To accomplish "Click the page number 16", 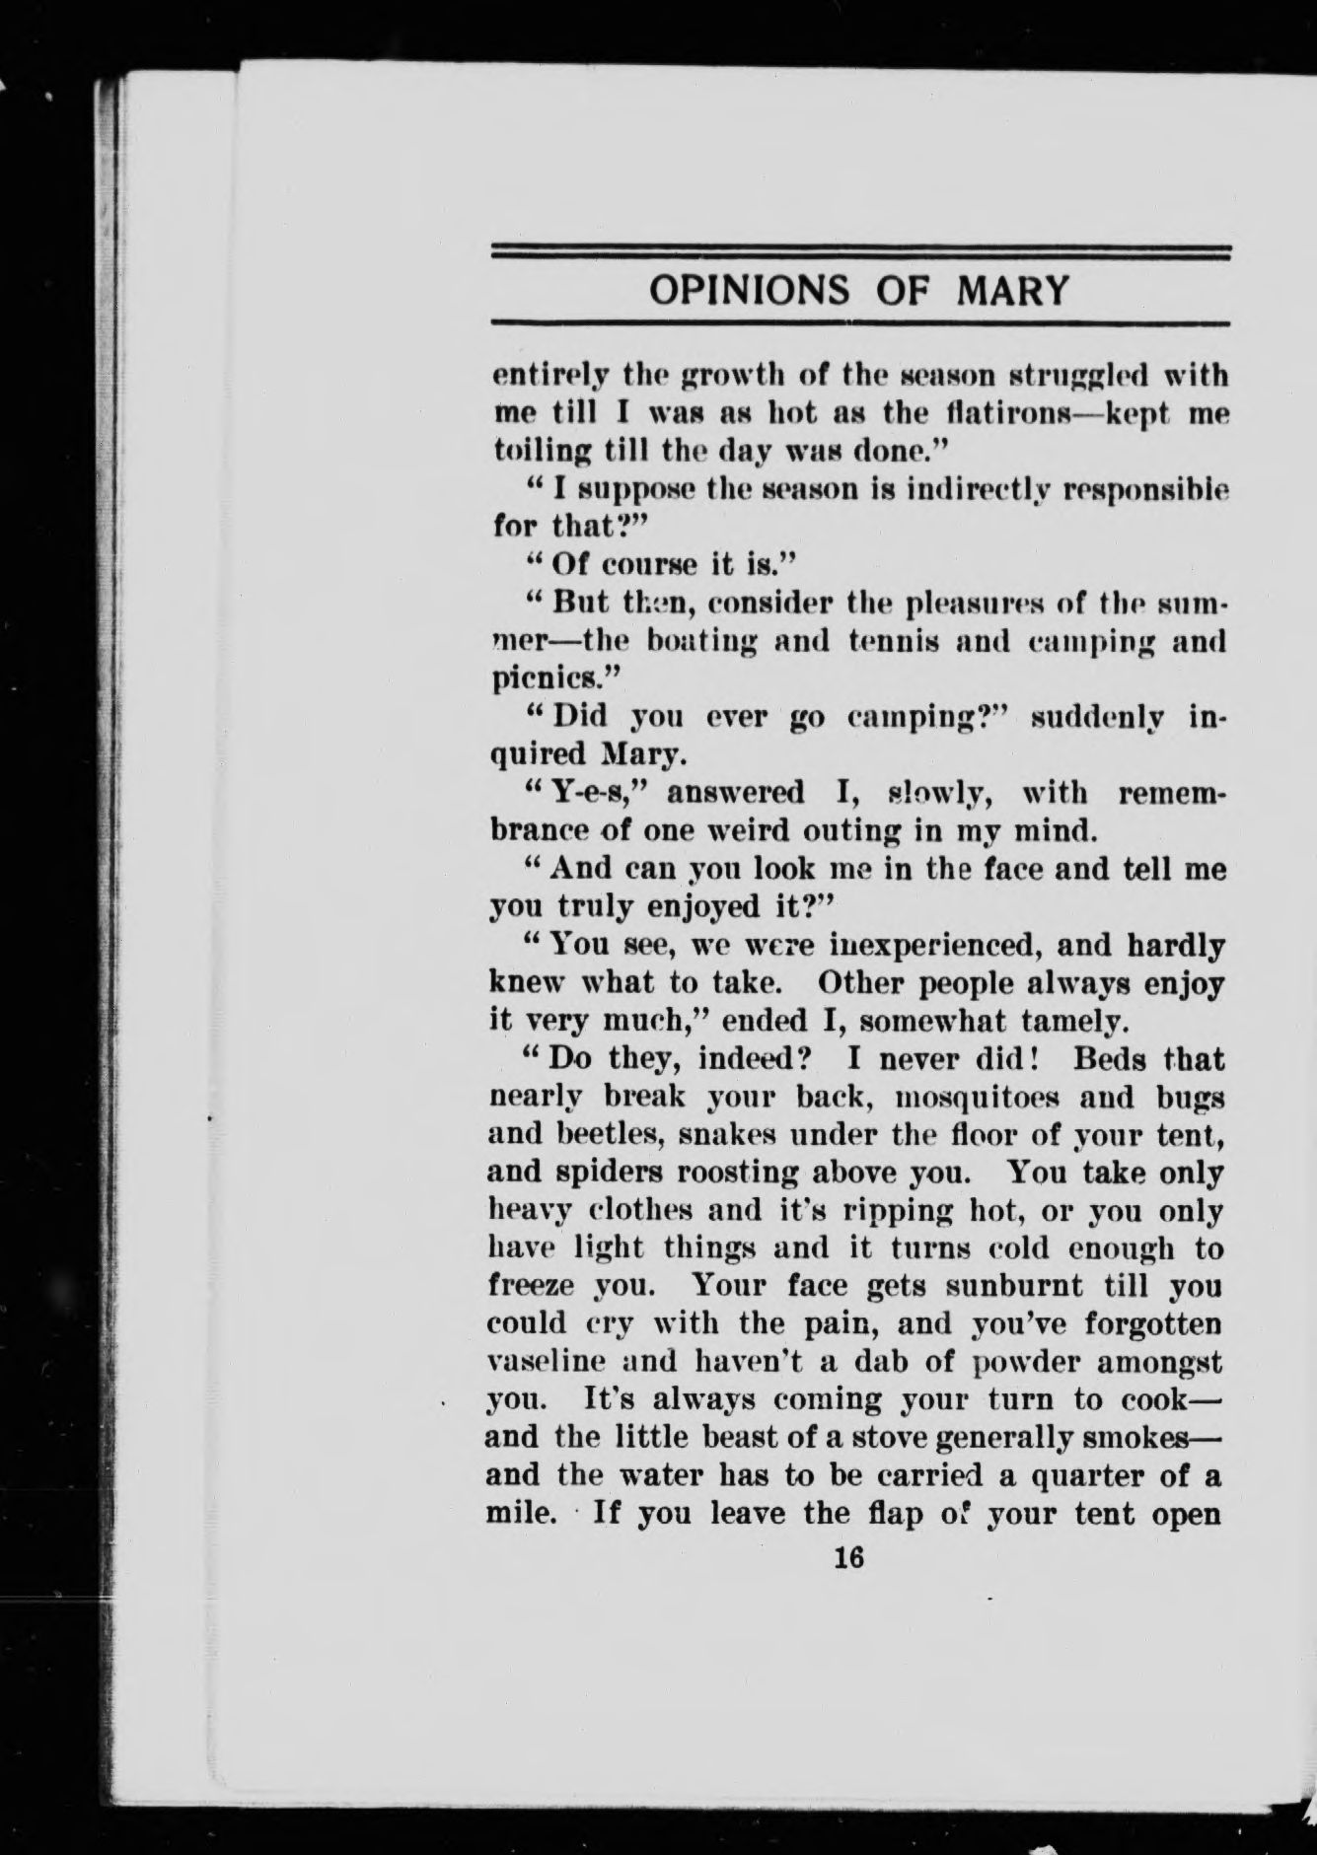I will point(848,1558).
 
